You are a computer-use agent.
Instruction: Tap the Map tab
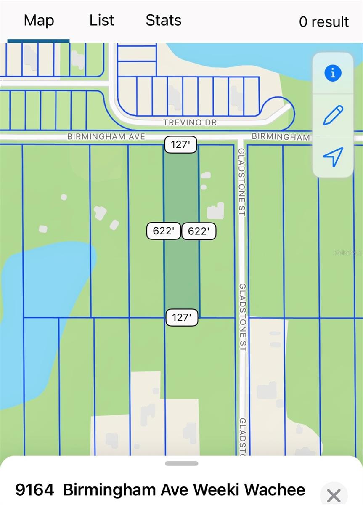click(39, 20)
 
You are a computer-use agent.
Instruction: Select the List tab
click(101, 20)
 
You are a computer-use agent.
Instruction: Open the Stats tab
click(163, 20)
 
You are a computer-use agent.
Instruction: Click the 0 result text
click(323, 22)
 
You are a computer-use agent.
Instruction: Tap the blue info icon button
click(333, 73)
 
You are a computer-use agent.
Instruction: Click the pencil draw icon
click(333, 115)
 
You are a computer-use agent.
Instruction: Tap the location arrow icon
click(333, 157)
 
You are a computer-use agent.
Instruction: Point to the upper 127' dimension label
click(180, 145)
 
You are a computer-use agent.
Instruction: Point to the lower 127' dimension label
click(182, 317)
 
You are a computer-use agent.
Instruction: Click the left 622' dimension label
click(164, 231)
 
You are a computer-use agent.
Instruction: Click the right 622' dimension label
click(199, 231)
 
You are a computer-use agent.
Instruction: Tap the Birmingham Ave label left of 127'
click(106, 136)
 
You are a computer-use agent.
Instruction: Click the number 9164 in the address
click(34, 490)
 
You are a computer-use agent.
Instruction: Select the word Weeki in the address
click(216, 490)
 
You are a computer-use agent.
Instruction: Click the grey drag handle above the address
click(181, 464)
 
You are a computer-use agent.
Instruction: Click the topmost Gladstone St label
click(241, 182)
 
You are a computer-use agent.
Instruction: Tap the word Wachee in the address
click(275, 490)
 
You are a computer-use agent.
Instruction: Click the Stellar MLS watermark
click(348, 253)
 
